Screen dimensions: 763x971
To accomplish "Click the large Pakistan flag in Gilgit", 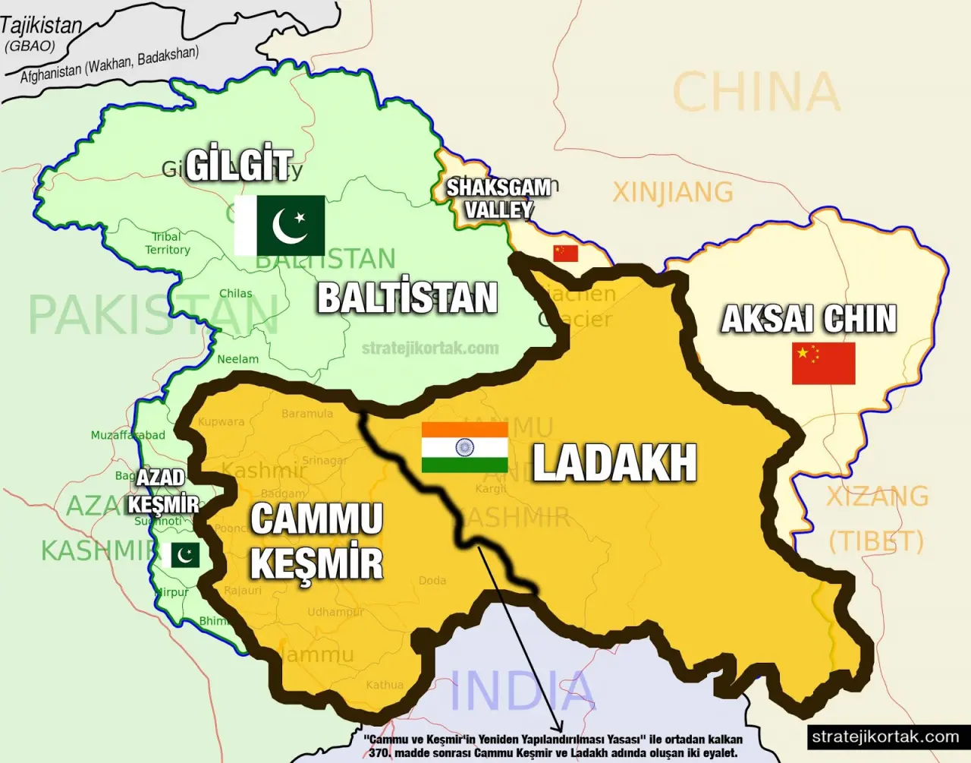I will [279, 225].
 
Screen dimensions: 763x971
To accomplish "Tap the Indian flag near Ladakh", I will [464, 447].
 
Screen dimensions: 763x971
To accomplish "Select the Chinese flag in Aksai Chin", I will [823, 363].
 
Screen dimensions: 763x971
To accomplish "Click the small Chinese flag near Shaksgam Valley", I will [565, 253].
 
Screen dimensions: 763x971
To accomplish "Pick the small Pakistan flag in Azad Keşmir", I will [181, 555].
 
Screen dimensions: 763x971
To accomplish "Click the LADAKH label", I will [614, 462].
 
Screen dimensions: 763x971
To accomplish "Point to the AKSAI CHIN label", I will [809, 319].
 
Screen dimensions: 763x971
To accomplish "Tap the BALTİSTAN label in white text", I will [407, 298].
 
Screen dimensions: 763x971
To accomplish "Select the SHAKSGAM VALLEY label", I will [498, 198].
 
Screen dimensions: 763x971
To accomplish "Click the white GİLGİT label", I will [239, 166].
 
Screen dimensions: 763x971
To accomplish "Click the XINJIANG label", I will [673, 192].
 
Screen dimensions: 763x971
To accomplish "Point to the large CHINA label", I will [756, 93].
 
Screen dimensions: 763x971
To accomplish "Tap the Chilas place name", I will [235, 293].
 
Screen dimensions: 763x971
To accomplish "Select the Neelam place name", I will [237, 359].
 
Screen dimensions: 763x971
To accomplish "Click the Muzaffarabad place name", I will [127, 435].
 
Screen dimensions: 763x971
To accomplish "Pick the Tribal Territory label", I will [168, 243].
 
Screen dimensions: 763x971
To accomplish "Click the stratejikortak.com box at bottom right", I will [885, 736].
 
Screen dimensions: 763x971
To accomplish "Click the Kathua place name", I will [385, 685].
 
